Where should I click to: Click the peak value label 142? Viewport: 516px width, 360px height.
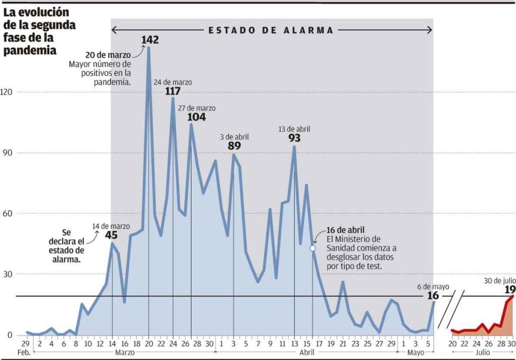150,40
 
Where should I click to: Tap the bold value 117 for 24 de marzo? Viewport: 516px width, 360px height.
172,91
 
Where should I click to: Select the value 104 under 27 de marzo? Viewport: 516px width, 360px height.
197,117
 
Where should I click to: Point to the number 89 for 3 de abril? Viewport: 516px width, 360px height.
234,145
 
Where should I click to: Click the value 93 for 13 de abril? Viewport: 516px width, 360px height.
295,138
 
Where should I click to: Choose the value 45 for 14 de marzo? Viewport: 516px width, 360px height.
111,235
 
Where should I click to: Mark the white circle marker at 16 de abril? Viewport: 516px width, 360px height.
313,248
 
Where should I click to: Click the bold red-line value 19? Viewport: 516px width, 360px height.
510,289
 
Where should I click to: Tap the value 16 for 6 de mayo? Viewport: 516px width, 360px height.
433,295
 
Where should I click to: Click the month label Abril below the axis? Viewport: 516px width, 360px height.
306,352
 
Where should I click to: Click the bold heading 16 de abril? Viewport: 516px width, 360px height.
345,230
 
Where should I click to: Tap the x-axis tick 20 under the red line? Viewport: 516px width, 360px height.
453,344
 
